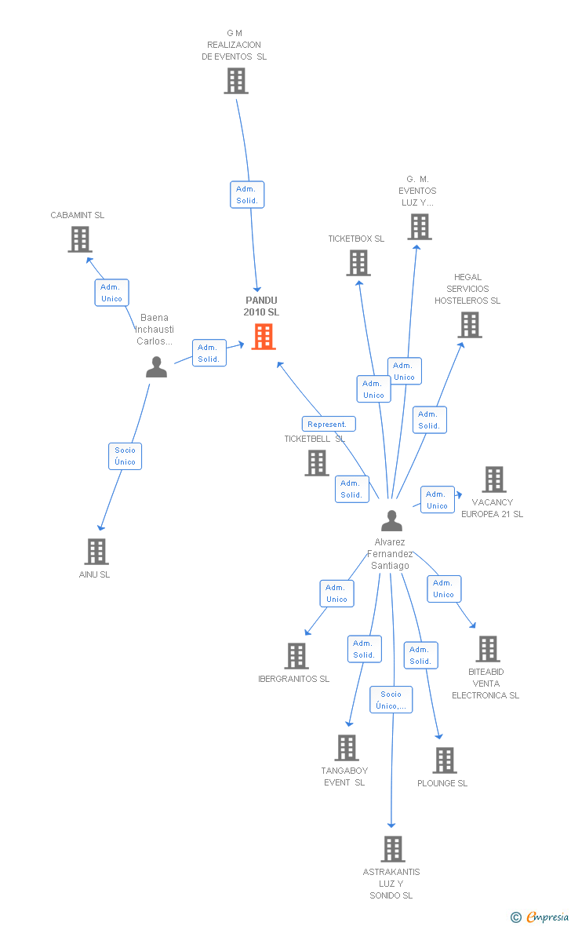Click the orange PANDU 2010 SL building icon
tap(264, 336)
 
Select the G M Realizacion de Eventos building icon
tap(235, 81)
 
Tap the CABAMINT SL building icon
tap(79, 239)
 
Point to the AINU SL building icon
tap(96, 552)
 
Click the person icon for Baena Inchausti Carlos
tap(157, 366)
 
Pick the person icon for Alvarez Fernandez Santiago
tap(391, 520)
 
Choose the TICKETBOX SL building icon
tap(358, 263)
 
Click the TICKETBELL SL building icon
tap(317, 463)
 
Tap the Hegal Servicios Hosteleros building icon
tap(469, 325)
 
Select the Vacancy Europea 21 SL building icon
tap(493, 479)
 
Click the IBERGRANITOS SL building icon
tap(296, 655)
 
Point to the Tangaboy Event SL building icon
tap(346, 748)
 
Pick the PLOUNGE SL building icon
tap(444, 760)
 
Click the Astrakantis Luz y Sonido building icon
tap(392, 848)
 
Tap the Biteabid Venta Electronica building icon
tap(487, 649)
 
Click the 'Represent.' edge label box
tap(328, 424)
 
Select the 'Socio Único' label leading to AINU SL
tap(125, 456)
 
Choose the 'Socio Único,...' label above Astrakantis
tap(391, 700)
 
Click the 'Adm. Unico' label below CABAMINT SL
tap(111, 293)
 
